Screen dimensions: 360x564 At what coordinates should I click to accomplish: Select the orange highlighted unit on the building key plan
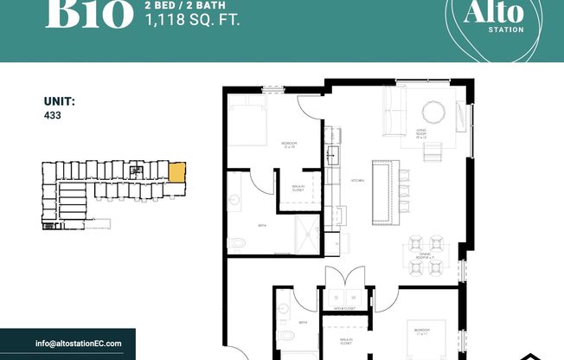[176, 171]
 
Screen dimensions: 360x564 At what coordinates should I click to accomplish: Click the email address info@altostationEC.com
[79, 344]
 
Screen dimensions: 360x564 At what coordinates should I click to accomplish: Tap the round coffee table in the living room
[433, 112]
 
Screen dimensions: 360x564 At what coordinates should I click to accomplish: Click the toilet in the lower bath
[286, 337]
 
